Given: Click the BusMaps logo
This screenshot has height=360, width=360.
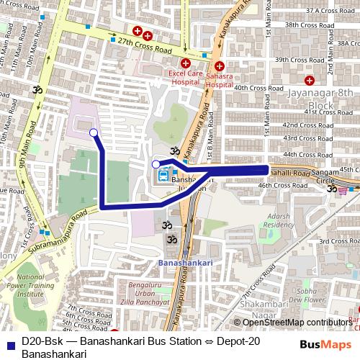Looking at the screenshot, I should tap(325, 344).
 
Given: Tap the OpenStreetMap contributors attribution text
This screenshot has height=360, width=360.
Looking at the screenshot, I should tap(297, 323).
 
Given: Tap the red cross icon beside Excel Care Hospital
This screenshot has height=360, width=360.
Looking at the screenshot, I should tap(185, 63).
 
